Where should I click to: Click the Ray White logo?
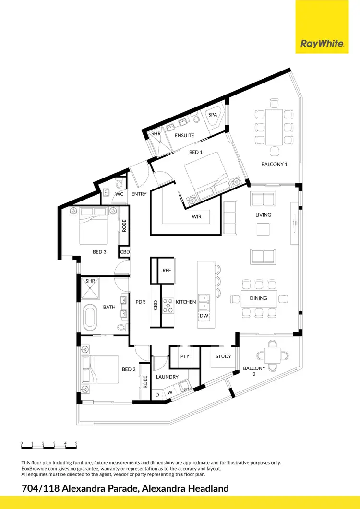(x=322, y=44)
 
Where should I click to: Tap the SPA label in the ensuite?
(x=213, y=115)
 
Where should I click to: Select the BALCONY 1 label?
(x=274, y=164)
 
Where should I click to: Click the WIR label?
(x=196, y=217)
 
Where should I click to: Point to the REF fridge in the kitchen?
(x=167, y=271)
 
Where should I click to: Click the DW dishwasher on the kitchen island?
(x=203, y=316)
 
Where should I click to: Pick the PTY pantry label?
(x=184, y=356)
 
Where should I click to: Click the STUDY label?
(x=223, y=356)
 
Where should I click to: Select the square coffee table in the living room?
(x=263, y=229)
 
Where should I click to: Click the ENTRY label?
(x=139, y=194)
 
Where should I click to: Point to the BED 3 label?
(x=99, y=251)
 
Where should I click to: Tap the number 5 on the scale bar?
(x=76, y=443)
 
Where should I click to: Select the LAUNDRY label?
(x=167, y=377)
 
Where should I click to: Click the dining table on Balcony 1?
(x=274, y=127)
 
